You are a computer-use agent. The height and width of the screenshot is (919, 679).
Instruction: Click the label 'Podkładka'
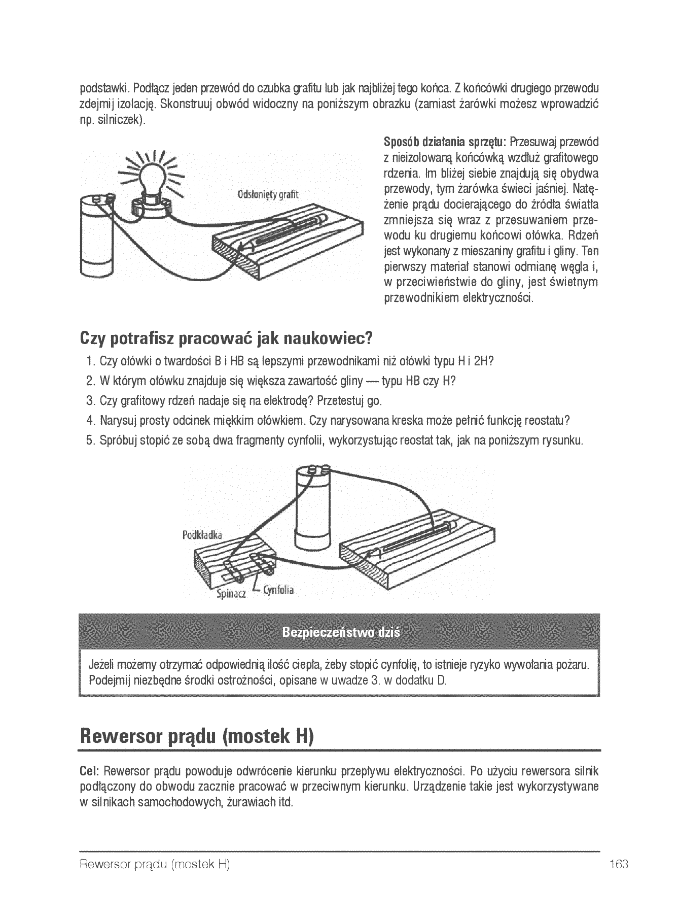click(202, 535)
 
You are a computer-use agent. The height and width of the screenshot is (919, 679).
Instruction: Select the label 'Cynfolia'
click(278, 590)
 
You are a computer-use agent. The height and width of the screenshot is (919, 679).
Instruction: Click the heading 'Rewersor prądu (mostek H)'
click(197, 735)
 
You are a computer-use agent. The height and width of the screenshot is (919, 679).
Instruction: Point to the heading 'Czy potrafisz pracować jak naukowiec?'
click(226, 337)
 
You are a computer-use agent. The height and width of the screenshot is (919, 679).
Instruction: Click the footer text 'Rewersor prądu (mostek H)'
click(155, 865)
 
